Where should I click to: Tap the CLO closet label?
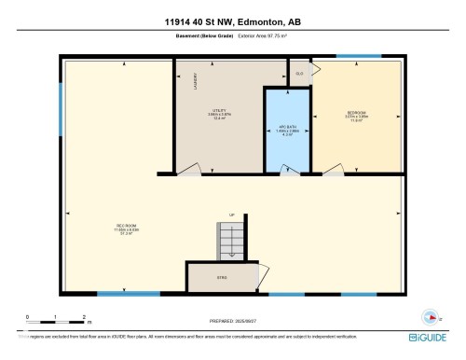pos(299,73)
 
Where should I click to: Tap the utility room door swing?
pos(189,168)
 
